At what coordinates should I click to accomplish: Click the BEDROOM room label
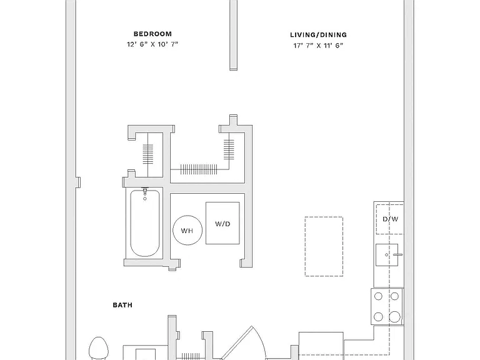152,34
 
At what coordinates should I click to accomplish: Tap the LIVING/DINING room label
318,35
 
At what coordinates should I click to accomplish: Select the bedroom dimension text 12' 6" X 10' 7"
152,44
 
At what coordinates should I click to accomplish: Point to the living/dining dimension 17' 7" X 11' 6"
318,46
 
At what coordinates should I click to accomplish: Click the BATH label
122,305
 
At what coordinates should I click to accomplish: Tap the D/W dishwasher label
390,219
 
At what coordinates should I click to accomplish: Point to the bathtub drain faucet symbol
145,194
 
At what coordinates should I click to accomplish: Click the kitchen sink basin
387,255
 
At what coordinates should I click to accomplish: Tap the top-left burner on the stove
378,296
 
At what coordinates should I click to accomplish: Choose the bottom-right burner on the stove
394,316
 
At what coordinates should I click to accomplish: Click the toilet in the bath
99,348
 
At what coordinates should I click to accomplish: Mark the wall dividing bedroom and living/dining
233,35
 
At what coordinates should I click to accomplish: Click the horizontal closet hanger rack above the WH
199,169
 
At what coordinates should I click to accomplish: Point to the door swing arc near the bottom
261,340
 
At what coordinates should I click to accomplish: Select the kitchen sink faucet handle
398,254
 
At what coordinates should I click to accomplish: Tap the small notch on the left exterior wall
78,182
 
